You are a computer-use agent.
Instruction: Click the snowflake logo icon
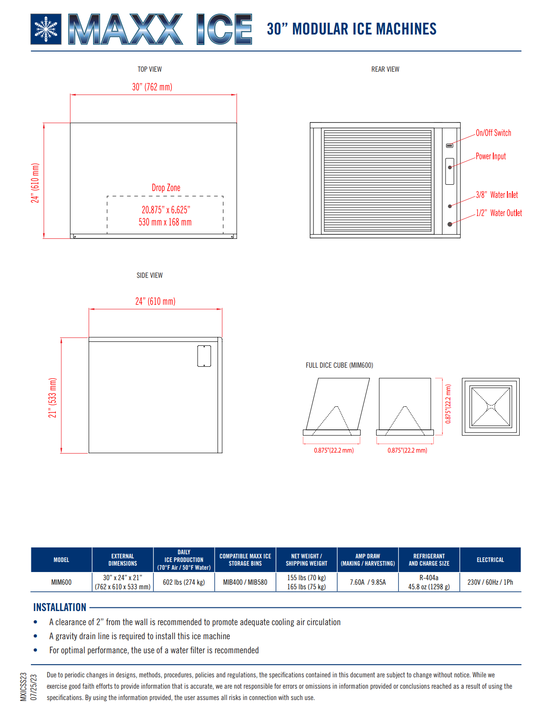[x=46, y=29]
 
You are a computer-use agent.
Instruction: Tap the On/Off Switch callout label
[x=493, y=133]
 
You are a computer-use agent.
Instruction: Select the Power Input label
[x=491, y=156]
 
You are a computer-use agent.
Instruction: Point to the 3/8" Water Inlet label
[x=496, y=194]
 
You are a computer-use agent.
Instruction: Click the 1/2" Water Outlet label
[x=499, y=212]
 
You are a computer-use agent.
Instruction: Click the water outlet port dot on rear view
[x=450, y=224]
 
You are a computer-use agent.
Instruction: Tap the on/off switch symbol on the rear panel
[x=449, y=145]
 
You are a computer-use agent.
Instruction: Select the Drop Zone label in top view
[x=166, y=187]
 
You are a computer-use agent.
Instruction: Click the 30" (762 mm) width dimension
[x=152, y=87]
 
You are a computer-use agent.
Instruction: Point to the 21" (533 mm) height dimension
[x=52, y=398]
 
